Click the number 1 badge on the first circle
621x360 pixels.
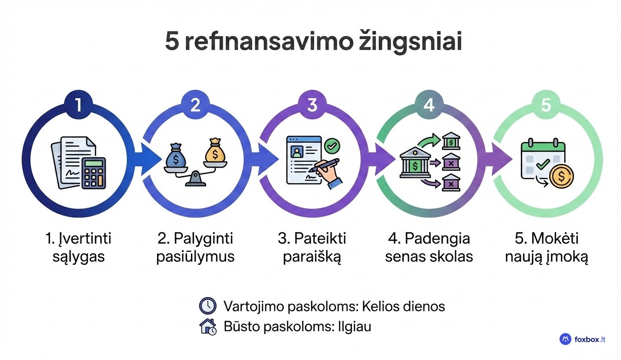point(78,106)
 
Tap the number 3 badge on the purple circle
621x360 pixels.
point(312,106)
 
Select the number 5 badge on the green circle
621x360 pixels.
point(546,106)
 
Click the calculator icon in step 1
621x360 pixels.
point(93,173)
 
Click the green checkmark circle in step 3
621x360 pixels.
point(332,146)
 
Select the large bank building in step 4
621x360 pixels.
point(415,163)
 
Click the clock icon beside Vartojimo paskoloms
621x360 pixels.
point(208,306)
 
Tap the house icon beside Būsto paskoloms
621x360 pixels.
point(208,326)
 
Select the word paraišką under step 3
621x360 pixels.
point(312,257)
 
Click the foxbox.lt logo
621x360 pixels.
point(582,339)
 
